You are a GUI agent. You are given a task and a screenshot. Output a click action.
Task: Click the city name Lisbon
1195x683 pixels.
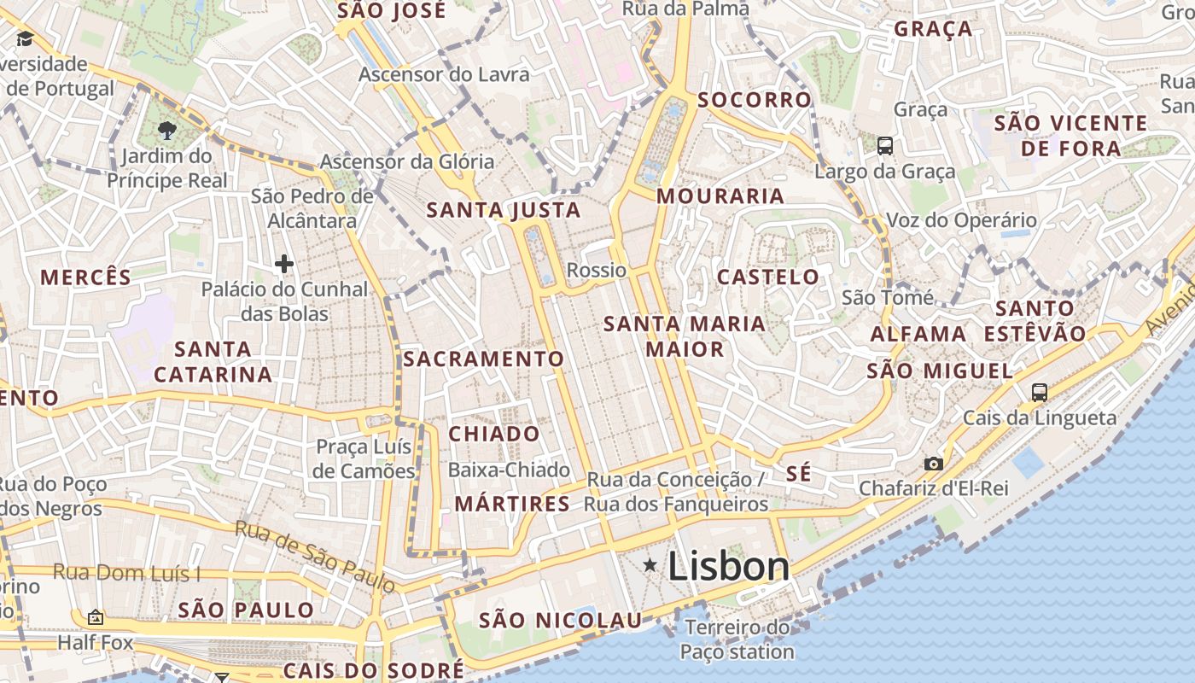(728, 566)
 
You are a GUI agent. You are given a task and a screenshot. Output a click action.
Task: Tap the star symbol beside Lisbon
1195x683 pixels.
(650, 565)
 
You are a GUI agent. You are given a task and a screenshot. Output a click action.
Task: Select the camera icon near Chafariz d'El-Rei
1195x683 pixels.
(934, 464)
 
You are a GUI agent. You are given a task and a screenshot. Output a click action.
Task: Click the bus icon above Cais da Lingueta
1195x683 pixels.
(1039, 393)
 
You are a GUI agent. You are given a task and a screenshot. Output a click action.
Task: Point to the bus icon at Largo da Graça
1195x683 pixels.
(885, 146)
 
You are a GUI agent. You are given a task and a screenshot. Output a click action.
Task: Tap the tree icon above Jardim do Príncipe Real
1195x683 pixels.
(166, 131)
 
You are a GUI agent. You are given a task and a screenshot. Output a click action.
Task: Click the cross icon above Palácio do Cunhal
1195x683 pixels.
(284, 265)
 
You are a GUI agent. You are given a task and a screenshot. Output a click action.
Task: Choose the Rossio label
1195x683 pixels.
(597, 271)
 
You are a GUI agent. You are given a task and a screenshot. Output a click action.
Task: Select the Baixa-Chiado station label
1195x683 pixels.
(509, 470)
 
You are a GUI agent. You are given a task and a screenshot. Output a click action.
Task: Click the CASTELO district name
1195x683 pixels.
(768, 277)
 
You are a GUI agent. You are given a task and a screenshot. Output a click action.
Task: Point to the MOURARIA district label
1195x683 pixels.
(720, 196)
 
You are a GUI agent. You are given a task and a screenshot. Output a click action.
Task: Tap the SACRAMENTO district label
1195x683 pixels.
(483, 359)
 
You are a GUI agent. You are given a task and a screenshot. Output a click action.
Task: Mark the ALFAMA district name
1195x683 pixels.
(918, 334)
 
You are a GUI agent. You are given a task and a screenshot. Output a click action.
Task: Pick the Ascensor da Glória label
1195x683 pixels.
(406, 161)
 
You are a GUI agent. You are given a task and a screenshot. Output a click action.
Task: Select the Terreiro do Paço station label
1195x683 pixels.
(737, 640)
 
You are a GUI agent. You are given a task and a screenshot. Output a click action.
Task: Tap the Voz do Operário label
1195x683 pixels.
(961, 220)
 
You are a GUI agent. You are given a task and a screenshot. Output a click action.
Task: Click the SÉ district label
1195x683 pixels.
(798, 474)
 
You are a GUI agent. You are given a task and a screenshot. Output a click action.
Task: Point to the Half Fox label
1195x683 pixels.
(96, 641)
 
